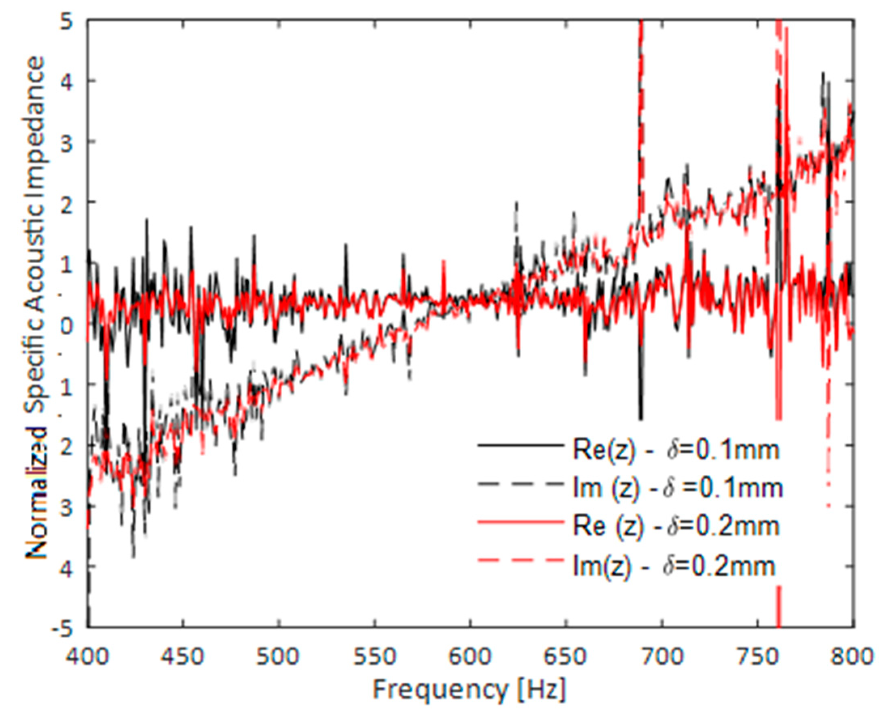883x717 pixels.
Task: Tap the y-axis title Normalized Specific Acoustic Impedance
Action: pyautogui.click(x=36, y=308)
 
